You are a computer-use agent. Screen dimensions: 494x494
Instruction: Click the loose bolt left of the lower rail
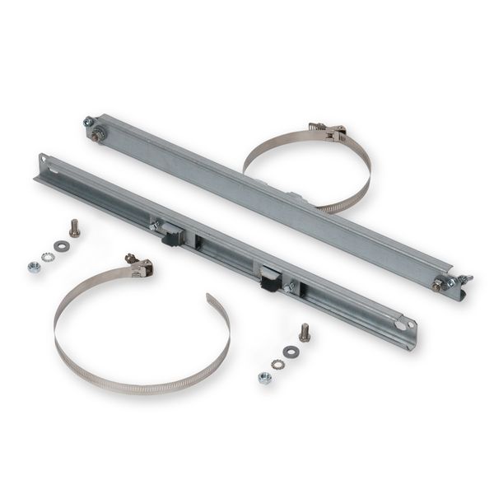[74, 228]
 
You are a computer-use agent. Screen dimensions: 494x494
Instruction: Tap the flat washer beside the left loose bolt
[61, 245]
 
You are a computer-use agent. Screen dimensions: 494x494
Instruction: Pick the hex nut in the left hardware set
[34, 267]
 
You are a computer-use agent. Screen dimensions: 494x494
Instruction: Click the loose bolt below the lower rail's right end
[304, 332]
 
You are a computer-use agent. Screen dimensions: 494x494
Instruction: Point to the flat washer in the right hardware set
[291, 352]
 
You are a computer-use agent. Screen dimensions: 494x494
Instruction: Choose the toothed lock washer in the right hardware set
[277, 363]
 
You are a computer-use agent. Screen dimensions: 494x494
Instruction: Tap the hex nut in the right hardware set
[264, 377]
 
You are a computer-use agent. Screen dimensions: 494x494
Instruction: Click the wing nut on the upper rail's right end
[463, 282]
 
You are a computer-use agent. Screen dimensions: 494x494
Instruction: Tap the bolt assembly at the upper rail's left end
[93, 129]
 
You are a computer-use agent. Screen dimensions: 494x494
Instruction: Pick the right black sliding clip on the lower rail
[270, 281]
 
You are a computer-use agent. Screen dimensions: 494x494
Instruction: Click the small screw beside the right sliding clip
[289, 286]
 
